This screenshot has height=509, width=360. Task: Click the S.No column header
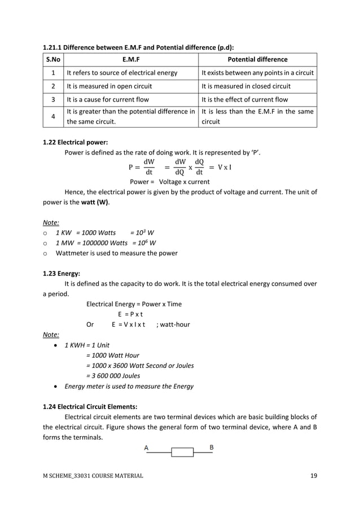52,59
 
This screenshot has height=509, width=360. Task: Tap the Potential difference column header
257,59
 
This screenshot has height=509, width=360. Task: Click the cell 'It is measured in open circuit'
109,86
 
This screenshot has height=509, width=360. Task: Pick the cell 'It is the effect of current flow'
244,100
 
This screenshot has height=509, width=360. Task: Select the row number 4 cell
52,117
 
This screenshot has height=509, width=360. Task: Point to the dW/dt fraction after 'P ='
149,168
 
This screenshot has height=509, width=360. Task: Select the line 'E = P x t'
130,314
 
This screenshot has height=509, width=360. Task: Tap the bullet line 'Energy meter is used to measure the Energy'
129,387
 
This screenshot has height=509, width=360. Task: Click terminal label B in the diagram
211,447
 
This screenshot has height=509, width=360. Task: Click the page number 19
314,476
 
